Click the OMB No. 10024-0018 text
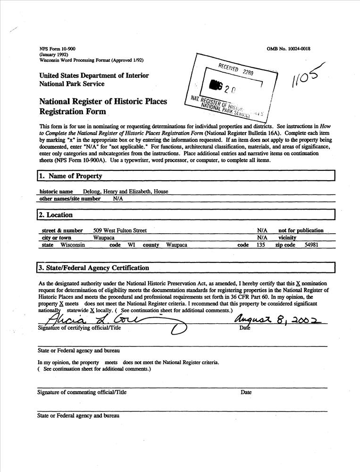click(x=288, y=49)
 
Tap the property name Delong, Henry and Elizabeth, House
click(x=126, y=192)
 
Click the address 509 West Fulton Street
click(x=120, y=230)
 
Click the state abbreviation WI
click(x=131, y=245)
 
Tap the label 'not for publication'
click(x=301, y=230)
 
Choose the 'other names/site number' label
click(x=70, y=199)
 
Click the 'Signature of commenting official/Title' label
click(x=82, y=392)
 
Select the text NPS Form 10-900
click(x=58, y=49)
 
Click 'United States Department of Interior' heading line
click(x=94, y=76)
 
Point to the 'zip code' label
click(x=285, y=245)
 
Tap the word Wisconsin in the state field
click(x=73, y=245)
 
